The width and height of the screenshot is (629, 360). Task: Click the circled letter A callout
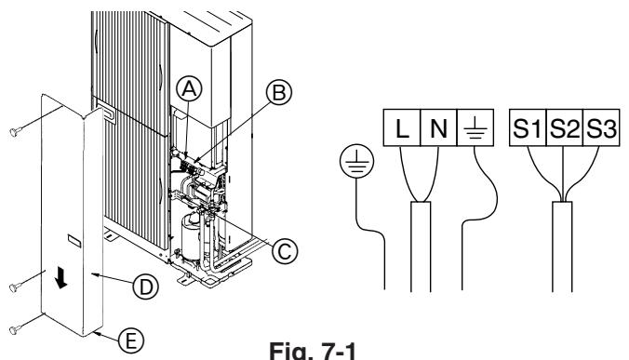(189, 89)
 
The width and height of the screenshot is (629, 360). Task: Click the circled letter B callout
(279, 92)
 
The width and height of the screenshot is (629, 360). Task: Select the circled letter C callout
(285, 252)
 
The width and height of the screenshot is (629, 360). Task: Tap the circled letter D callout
(145, 287)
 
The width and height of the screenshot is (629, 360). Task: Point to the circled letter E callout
(131, 341)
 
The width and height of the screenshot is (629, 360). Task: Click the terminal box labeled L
(402, 127)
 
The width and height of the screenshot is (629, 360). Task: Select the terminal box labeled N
(438, 127)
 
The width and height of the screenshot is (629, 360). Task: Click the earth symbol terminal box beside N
(475, 127)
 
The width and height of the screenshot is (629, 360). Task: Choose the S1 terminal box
(528, 127)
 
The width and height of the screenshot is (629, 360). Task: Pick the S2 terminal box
(564, 127)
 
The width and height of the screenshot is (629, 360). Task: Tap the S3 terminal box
(601, 127)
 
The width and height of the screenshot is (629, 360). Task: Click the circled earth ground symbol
(356, 161)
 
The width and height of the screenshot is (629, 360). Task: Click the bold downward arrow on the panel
(61, 278)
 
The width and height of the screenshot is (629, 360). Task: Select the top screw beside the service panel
(15, 131)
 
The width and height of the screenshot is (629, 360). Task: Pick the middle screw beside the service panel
(15, 287)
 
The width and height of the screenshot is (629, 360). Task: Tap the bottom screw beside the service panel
(15, 329)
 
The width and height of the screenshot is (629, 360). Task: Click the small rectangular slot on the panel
(74, 240)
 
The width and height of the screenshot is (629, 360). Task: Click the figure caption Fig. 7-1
(313, 351)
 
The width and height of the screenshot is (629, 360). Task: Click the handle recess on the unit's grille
(106, 113)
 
